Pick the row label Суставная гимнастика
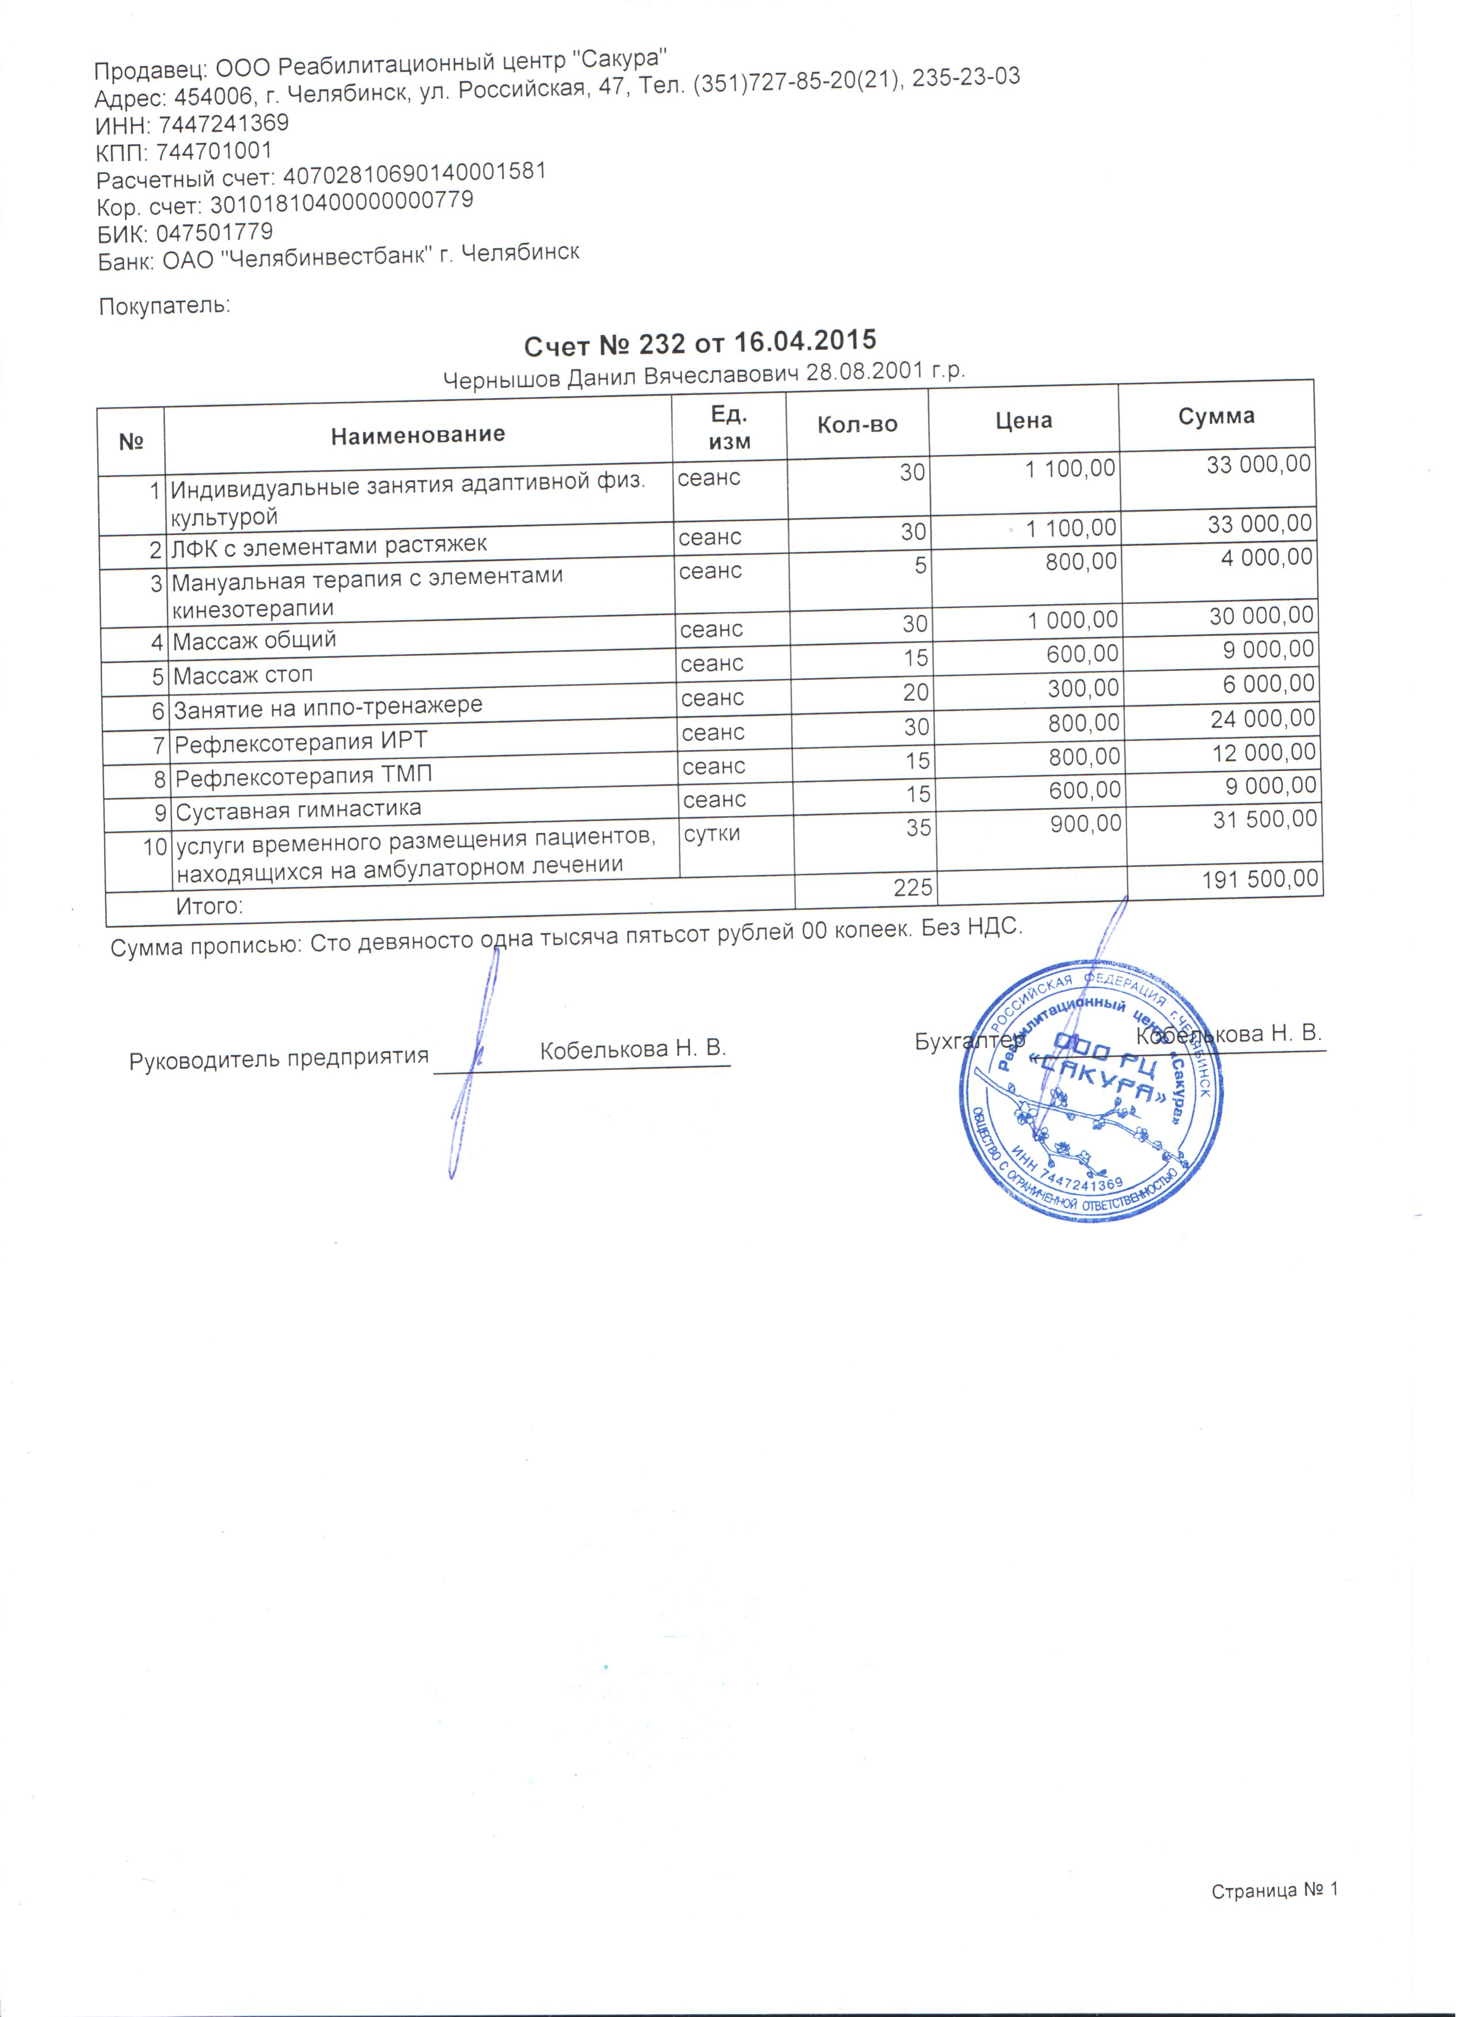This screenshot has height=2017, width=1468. pos(298,811)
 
